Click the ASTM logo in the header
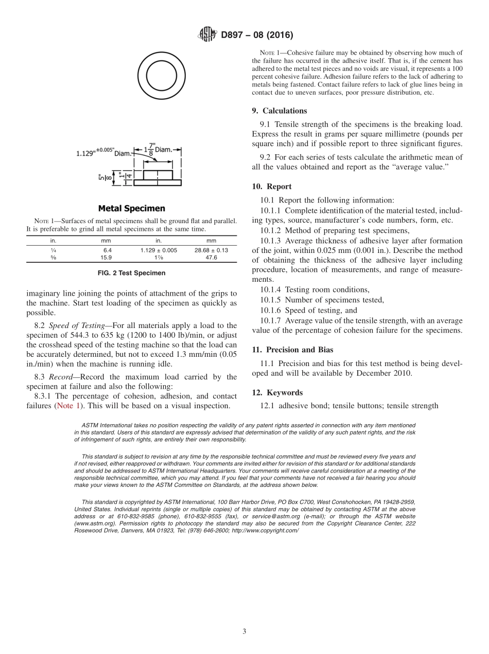point(208,35)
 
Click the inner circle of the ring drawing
point(162,77)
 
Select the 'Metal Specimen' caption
point(132,208)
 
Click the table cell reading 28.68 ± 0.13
point(211,250)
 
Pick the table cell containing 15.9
point(106,258)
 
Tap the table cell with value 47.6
point(211,258)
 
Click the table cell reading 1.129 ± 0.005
point(159,250)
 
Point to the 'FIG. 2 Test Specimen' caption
point(132,273)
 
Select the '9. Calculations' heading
point(279,111)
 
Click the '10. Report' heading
point(271,187)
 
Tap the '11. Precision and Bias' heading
point(292,350)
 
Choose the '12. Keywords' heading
point(277,392)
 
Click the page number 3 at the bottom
point(244,631)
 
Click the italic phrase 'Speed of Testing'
point(77,325)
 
